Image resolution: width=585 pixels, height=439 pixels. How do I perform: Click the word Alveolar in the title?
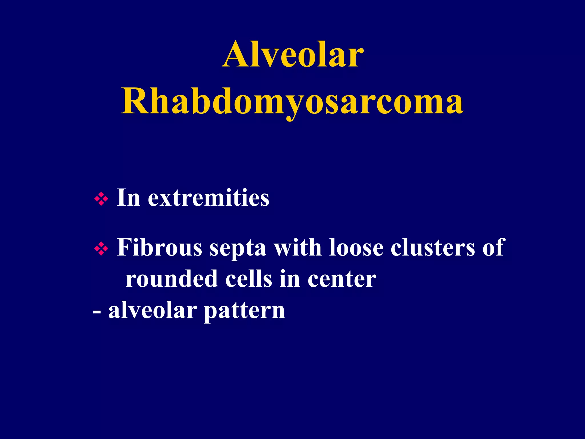[293, 54]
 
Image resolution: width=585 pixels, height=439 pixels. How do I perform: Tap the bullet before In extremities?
[101, 198]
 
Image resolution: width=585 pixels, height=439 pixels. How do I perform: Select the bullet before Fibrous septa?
[101, 248]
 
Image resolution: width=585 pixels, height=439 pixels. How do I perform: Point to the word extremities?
[209, 198]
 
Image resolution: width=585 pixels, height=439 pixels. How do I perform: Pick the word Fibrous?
[159, 248]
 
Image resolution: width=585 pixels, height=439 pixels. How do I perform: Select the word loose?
[356, 248]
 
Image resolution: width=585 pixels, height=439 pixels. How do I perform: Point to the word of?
[494, 248]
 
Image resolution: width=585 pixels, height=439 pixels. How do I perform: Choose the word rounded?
[172, 279]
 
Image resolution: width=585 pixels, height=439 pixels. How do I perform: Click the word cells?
[249, 279]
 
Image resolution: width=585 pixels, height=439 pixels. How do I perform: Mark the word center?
[342, 280]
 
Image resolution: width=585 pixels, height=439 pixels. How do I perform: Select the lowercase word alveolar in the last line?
[153, 310]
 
